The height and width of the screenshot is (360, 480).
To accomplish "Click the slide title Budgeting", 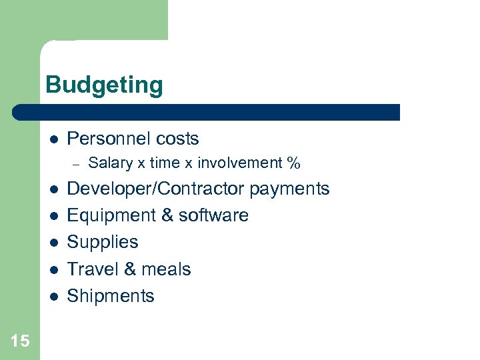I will pos(104,86).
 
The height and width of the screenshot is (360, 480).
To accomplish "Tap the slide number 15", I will pos(20,341).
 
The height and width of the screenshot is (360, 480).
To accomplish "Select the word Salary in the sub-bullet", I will pos(109,163).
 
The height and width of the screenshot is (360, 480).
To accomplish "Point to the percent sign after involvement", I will pos(293,163).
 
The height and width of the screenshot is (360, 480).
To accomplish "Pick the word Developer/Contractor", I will pos(156,189).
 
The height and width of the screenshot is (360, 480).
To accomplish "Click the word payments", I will pos(290,189).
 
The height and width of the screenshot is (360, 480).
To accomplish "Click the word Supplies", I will pos(103,242).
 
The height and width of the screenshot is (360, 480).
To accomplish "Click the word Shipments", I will pos(111,295).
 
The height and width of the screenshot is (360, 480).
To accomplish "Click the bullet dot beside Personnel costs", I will pos(53,139).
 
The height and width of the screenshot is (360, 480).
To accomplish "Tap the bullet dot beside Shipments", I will pos(53,296).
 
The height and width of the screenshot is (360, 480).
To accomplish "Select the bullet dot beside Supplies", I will pos(53,243).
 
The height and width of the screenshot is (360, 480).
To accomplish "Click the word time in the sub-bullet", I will pos(164,163).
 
